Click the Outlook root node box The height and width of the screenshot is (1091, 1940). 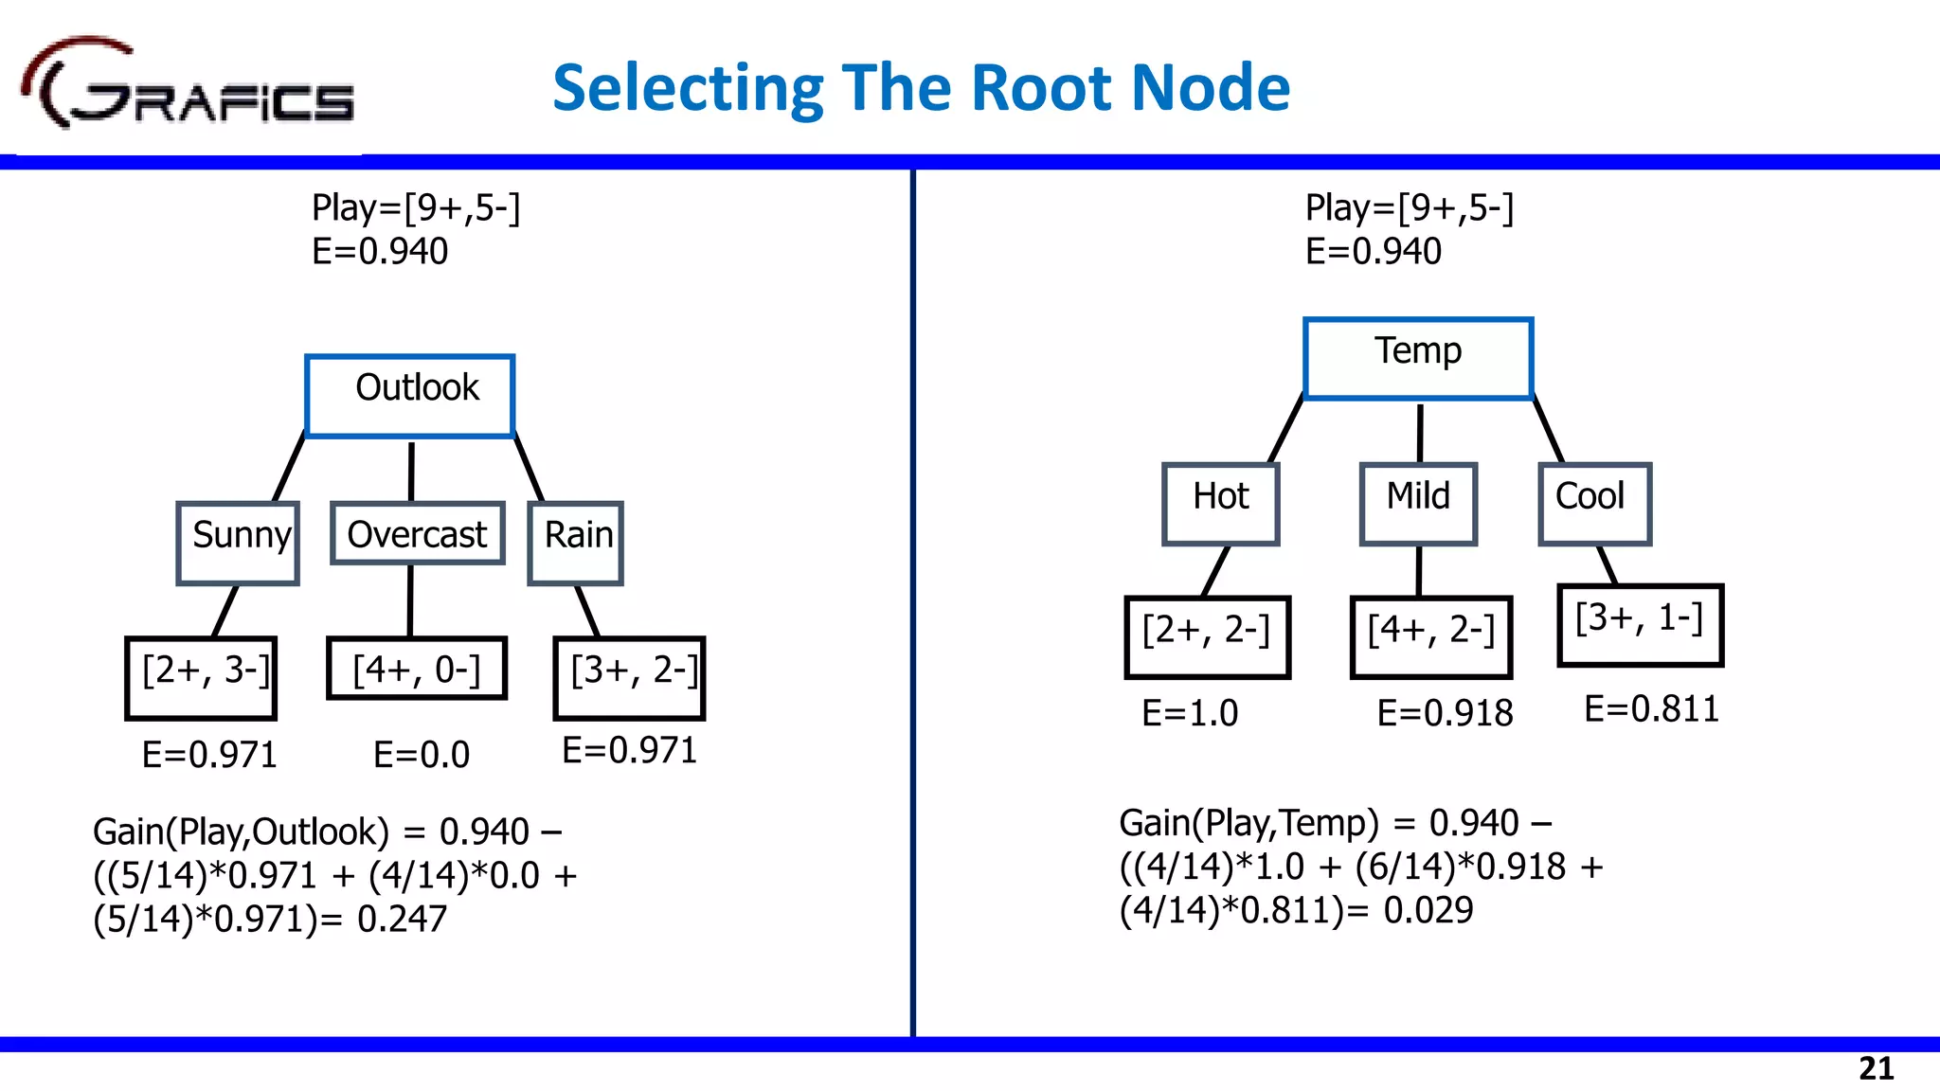click(x=409, y=396)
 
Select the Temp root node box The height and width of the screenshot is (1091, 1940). click(x=1417, y=358)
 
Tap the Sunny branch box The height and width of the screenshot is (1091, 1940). click(x=238, y=543)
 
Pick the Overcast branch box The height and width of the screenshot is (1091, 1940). click(x=417, y=534)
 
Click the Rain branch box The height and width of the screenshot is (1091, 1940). click(x=575, y=543)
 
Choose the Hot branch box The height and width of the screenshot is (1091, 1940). click(x=1220, y=503)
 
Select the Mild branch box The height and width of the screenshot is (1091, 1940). click(x=1418, y=503)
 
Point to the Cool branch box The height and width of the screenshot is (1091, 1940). click(x=1594, y=503)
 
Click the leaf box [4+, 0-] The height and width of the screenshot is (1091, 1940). click(x=417, y=669)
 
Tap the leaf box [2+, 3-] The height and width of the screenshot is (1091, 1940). click(x=201, y=678)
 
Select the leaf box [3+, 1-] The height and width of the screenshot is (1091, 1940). click(x=1640, y=625)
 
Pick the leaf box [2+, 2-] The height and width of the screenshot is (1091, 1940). click(x=1207, y=636)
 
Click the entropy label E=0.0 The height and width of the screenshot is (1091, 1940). click(x=422, y=755)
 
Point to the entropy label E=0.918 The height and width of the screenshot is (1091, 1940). click(x=1445, y=713)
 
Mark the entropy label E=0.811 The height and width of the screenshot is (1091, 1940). click(x=1651, y=708)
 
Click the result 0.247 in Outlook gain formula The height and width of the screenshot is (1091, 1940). click(x=402, y=919)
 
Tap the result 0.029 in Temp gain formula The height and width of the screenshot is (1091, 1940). click(x=1428, y=910)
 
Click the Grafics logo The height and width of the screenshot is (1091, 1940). click(x=188, y=87)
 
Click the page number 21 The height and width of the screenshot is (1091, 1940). click(x=1876, y=1068)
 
